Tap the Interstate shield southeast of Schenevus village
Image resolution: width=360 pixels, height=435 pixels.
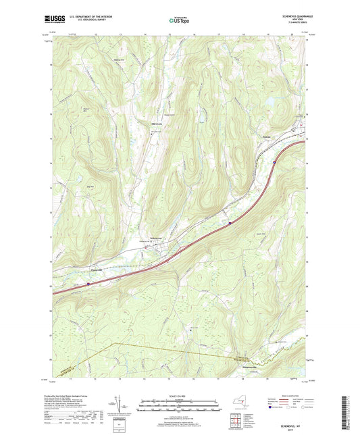[229, 221]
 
